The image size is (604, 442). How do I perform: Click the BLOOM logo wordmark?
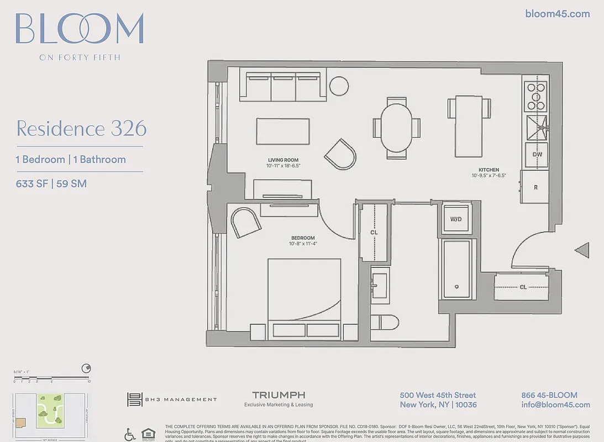(80, 29)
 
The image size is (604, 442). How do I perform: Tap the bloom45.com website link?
(557, 14)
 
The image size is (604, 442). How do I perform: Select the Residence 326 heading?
(81, 128)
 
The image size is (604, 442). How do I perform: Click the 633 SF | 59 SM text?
(51, 183)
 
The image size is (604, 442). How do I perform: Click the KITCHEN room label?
(489, 170)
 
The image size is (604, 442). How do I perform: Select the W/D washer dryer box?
(456, 219)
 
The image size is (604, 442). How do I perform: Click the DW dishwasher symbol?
(536, 155)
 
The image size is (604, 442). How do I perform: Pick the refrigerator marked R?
(535, 187)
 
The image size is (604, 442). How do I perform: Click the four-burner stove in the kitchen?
(535, 97)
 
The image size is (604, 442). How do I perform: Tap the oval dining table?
(397, 128)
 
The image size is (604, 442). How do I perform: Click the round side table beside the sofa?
(339, 86)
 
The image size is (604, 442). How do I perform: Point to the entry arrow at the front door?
(582, 250)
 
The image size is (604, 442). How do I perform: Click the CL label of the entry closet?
(522, 287)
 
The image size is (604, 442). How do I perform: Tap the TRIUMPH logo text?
(279, 396)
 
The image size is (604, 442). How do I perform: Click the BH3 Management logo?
(172, 399)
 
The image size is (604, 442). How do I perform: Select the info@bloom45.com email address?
(555, 405)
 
